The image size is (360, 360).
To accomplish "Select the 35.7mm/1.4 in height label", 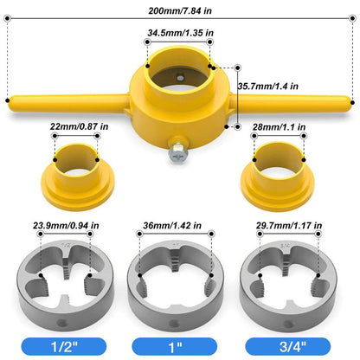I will [x=268, y=87].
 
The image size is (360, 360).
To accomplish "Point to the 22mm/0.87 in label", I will [x=79, y=126].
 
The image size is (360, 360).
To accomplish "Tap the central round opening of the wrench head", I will [x=181, y=83].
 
